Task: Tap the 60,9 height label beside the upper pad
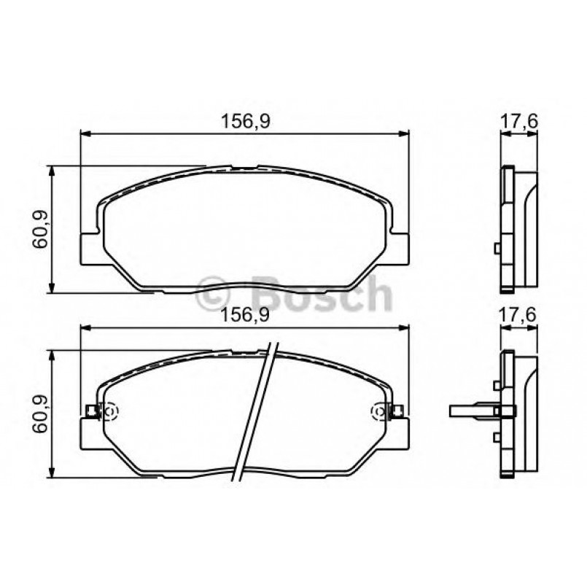click(40, 229)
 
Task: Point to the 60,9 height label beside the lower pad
click(40, 413)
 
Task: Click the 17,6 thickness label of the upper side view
click(518, 123)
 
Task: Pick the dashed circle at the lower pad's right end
click(379, 412)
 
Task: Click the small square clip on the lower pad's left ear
click(91, 412)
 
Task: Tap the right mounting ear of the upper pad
click(400, 248)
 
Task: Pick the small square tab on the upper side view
click(497, 249)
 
